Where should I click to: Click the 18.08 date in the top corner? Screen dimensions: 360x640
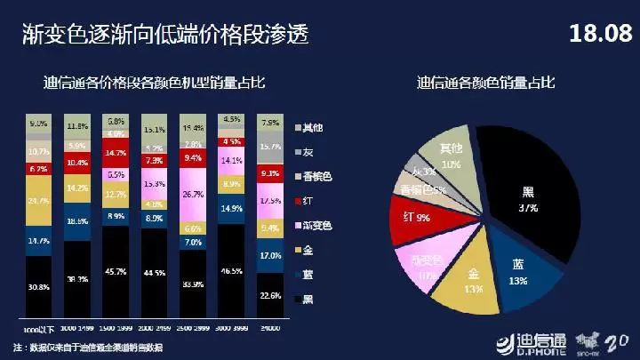click(x=598, y=36)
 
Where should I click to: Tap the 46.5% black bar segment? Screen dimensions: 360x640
click(x=231, y=269)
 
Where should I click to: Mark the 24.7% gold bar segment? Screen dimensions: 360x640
click(x=38, y=201)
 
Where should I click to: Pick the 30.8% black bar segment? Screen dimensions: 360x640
click(x=38, y=286)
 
